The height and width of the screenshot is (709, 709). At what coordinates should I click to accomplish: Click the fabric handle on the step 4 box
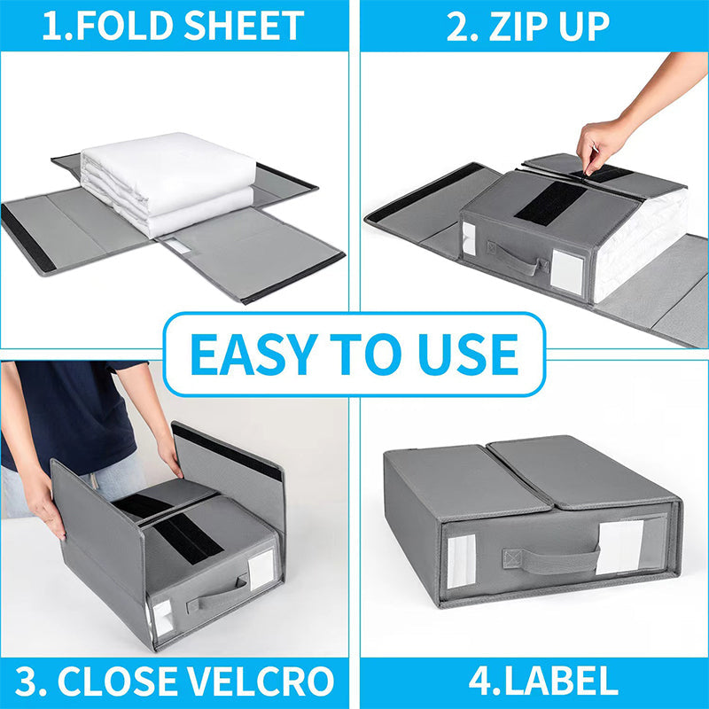pyautogui.click(x=550, y=559)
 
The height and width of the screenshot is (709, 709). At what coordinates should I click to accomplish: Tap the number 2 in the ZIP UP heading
pyautogui.click(x=458, y=26)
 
